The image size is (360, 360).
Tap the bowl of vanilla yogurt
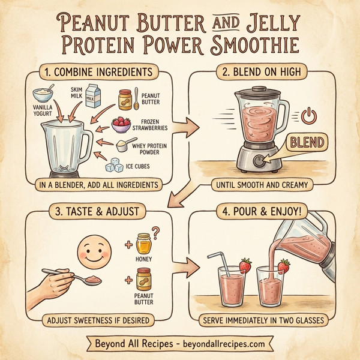[x=43, y=95]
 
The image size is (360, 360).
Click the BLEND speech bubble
[x=308, y=142]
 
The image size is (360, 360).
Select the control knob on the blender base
[x=259, y=161]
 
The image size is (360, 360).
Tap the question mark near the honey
[x=157, y=230]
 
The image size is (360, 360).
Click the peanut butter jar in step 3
[x=143, y=280]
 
